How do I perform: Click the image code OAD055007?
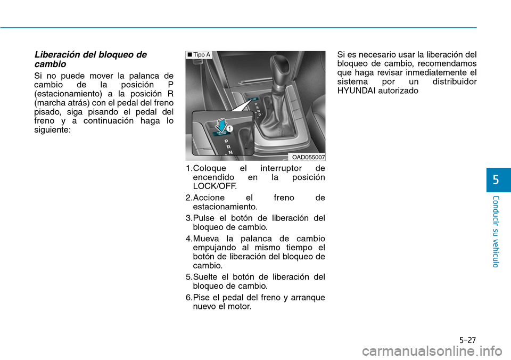click(308, 157)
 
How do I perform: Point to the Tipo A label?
click(200, 55)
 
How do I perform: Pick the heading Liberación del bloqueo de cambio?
click(90, 59)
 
